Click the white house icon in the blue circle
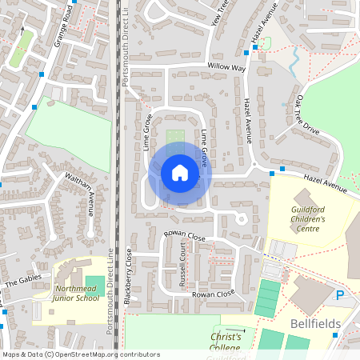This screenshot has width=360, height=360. pos(180,173)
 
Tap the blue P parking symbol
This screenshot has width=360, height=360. pos(340,295)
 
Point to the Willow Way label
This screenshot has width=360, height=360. pos(226,68)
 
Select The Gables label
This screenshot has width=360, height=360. pos(22,282)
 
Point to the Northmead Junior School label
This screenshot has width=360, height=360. pos(77,293)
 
